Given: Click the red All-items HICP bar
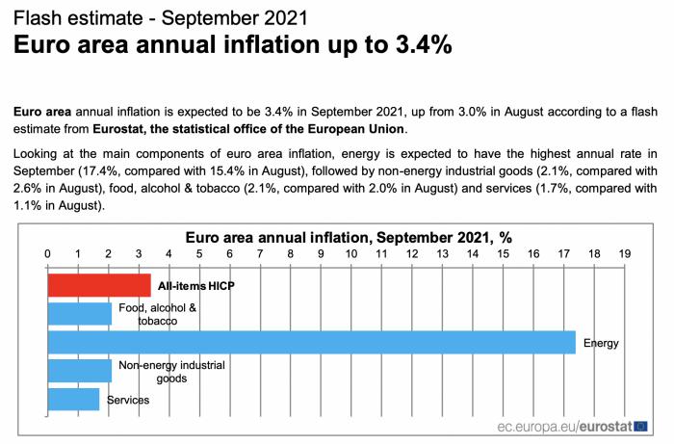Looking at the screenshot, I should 99,285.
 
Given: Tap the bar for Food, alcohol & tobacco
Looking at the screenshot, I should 79,313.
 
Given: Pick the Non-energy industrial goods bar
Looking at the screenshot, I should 79,371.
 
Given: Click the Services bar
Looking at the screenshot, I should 73,399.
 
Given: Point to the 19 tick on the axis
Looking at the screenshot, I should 625,253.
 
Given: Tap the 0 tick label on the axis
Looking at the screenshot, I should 48,253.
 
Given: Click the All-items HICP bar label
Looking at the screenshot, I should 196,286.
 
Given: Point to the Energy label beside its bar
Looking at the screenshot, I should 601,343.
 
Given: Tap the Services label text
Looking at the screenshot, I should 127,399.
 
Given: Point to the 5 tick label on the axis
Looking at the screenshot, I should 199,253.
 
